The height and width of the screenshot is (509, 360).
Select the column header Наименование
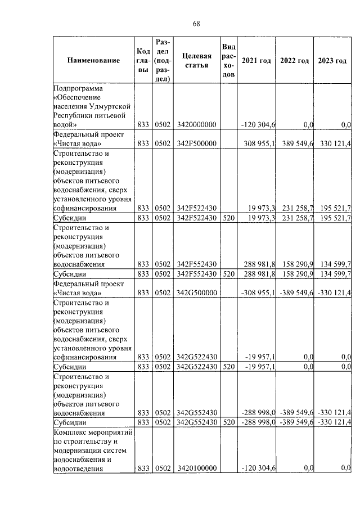click(94, 61)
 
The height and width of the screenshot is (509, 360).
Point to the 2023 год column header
click(332, 61)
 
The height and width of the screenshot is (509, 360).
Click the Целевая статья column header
click(197, 61)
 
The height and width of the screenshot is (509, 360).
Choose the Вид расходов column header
click(228, 61)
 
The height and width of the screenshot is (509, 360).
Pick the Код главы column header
click(143, 61)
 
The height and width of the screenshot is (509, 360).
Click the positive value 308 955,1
click(259, 144)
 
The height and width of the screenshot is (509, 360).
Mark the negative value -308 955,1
click(258, 292)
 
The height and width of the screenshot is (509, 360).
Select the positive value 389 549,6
click(296, 144)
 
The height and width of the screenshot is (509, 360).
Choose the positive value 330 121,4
click(335, 144)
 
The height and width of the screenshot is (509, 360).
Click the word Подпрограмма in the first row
click(80, 88)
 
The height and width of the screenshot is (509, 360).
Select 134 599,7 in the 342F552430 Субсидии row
click(335, 273)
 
